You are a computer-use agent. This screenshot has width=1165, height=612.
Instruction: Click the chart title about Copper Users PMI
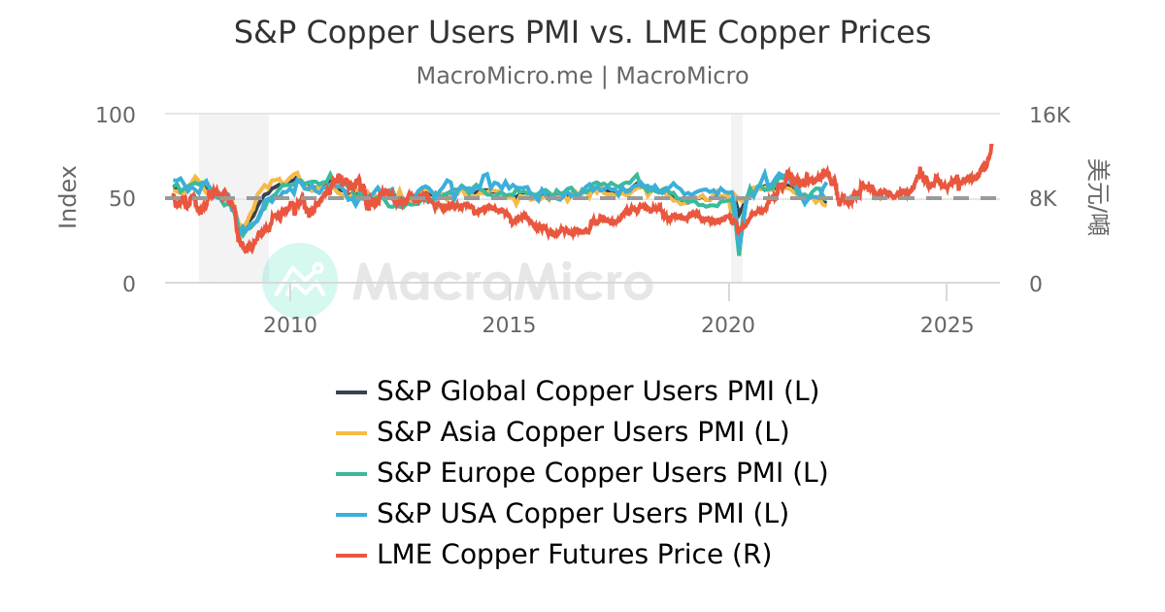click(x=582, y=33)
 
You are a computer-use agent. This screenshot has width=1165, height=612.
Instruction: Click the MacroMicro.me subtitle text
click(x=582, y=76)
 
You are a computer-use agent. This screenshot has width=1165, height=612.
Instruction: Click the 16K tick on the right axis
click(x=1049, y=115)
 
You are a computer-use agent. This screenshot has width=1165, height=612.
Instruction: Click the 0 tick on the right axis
click(x=1036, y=284)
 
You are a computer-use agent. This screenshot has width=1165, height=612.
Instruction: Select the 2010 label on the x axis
click(x=290, y=324)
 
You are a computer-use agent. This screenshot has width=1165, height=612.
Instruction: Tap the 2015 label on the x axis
click(x=509, y=324)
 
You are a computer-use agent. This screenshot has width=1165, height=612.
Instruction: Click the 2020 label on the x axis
click(x=728, y=324)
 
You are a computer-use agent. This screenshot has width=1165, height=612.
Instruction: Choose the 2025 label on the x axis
click(x=947, y=324)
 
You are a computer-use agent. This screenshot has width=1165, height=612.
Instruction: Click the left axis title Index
click(x=68, y=197)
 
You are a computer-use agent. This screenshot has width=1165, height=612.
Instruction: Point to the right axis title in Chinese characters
click(x=1098, y=197)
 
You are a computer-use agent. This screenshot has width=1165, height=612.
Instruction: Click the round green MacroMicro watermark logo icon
click(x=300, y=281)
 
